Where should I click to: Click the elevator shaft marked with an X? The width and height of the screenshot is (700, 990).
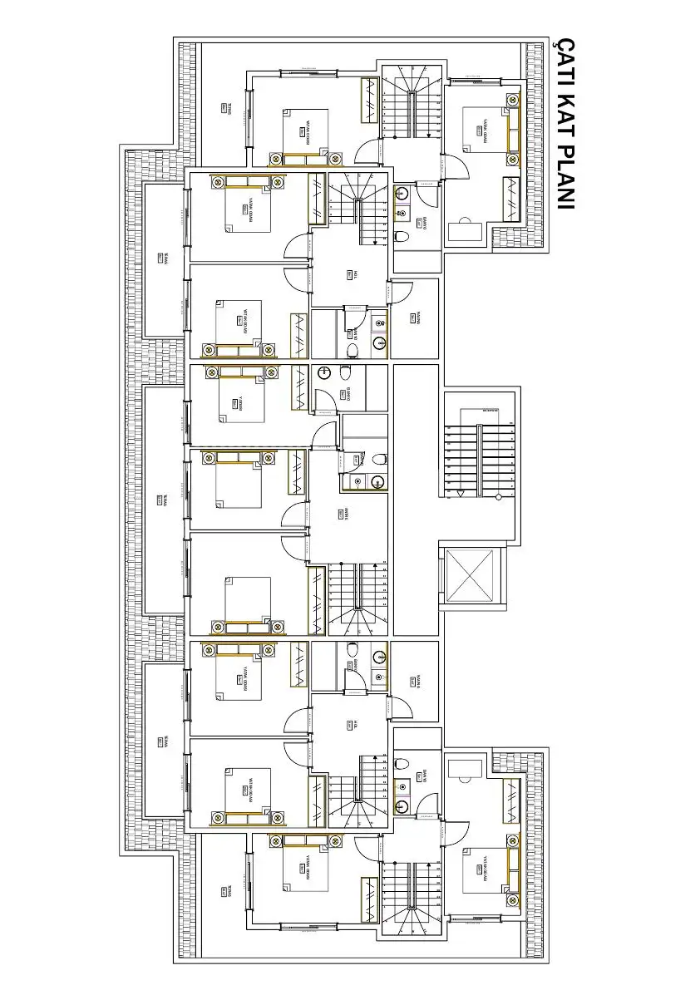[x=471, y=575]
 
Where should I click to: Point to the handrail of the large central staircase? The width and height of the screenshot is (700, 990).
[x=478, y=461]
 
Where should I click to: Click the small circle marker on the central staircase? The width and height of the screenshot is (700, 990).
[x=497, y=496]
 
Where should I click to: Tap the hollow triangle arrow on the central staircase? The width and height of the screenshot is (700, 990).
[x=460, y=493]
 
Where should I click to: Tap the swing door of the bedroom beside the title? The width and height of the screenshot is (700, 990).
[x=456, y=165]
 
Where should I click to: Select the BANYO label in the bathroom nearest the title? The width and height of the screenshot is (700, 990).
[x=424, y=222]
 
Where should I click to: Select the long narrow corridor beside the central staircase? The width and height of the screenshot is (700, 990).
[x=415, y=500]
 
